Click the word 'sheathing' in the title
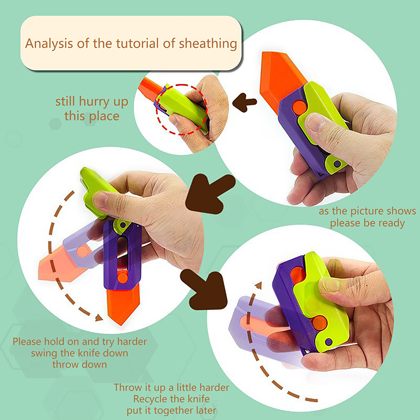208,44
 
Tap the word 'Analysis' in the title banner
49,44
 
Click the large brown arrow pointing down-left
209,193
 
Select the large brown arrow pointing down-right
205,289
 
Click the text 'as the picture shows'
367,211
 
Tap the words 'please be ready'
367,223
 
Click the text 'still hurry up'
91,102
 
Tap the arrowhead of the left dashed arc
99,318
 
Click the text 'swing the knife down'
80,353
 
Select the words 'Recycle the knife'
172,399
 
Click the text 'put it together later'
172,411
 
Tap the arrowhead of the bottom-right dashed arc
258,286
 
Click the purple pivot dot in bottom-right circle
329,342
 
